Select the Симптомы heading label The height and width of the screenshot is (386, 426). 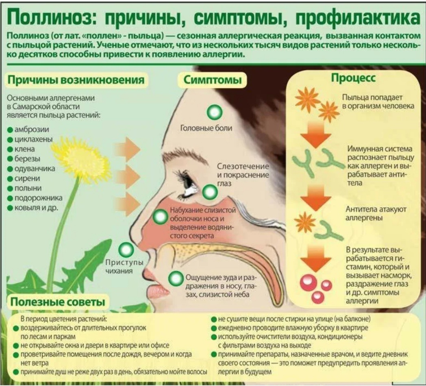pos(213,80)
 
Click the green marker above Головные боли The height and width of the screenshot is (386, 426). pos(214,111)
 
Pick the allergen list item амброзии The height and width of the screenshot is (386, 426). pos(32,130)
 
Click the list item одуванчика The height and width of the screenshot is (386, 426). pos(35,169)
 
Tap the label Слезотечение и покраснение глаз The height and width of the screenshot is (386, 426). pos(243,175)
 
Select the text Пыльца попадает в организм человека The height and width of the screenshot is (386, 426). pos(378,102)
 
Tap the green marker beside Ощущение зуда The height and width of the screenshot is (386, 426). pos(176,278)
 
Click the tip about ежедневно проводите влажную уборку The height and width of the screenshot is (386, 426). pos(293,327)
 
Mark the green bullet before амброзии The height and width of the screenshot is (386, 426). pos(10,130)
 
